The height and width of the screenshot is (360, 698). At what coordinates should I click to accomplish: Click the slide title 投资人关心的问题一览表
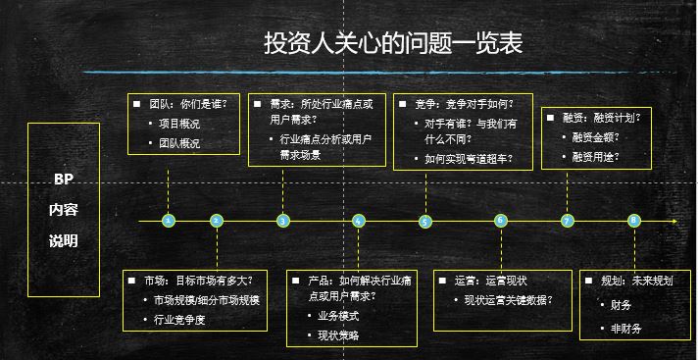pos(392,44)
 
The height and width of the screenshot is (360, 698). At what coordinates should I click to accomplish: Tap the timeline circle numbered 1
pos(169,221)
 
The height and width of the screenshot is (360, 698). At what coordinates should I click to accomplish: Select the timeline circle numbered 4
pos(359,221)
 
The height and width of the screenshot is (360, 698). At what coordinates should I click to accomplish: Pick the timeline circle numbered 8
pos(634,221)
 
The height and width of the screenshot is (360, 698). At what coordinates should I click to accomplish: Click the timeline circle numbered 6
pos(501,221)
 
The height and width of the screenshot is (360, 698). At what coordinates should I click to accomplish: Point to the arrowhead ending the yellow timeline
pos(674,221)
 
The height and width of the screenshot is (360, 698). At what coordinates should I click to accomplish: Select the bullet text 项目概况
pos(179,124)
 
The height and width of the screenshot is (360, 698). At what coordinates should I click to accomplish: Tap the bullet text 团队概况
pos(179,143)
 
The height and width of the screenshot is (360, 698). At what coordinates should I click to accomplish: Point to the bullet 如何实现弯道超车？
pos(469,157)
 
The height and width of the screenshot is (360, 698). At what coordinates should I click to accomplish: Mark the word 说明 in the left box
pos(64,241)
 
